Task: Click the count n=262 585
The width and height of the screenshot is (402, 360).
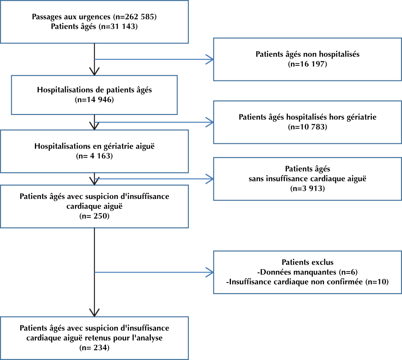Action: pyautogui.click(x=135, y=17)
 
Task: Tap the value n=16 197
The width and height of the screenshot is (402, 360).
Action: pyautogui.click(x=307, y=64)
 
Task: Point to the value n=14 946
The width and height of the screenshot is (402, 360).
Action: pyautogui.click(x=94, y=99)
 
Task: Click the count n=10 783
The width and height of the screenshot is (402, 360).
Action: pyautogui.click(x=307, y=127)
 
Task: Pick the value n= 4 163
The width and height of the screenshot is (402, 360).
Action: pyautogui.click(x=94, y=156)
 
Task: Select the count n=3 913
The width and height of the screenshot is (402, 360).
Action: pyautogui.click(x=307, y=189)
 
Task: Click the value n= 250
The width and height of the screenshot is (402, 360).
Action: pyautogui.click(x=94, y=216)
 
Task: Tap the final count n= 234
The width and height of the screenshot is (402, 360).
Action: pyautogui.click(x=94, y=348)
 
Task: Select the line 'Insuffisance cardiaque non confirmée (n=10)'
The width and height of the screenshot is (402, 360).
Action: pyautogui.click(x=307, y=282)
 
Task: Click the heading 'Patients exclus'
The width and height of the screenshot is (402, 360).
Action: pyautogui.click(x=307, y=262)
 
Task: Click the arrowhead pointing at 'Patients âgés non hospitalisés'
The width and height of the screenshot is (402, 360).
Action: pyautogui.click(x=210, y=59)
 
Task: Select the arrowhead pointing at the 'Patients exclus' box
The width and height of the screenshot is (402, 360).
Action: pyautogui.click(x=210, y=272)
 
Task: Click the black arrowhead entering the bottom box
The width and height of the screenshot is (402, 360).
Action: pyautogui.click(x=94, y=313)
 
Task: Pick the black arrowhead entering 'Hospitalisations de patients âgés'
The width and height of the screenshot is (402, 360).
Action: pyautogui.click(x=94, y=71)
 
